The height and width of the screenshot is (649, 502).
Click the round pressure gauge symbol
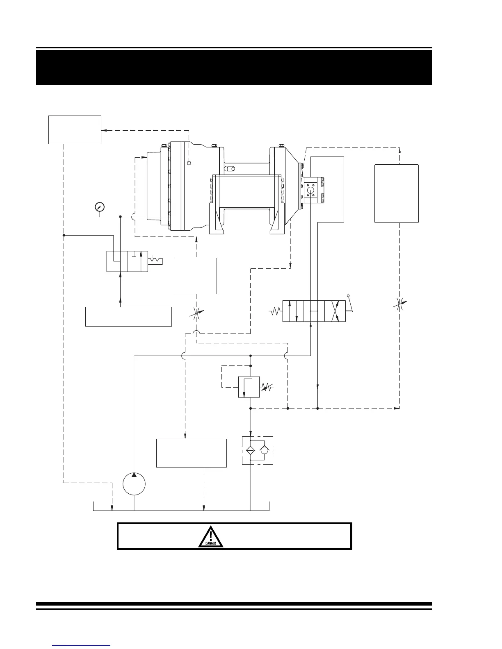(x=99, y=206)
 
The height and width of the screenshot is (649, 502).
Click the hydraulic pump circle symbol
(x=134, y=483)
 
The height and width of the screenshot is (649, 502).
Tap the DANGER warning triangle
(x=211, y=537)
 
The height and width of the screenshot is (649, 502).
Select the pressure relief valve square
(x=249, y=387)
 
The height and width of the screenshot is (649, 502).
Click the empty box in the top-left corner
(x=75, y=129)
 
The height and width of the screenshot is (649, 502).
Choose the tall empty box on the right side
(x=396, y=193)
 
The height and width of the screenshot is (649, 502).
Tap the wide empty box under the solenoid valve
(x=128, y=316)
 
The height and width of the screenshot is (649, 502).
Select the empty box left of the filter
(x=191, y=453)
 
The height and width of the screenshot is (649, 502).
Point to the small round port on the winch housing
(x=189, y=163)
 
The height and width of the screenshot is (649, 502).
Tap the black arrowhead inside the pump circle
(x=134, y=475)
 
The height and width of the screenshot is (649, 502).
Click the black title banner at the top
(x=234, y=67)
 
